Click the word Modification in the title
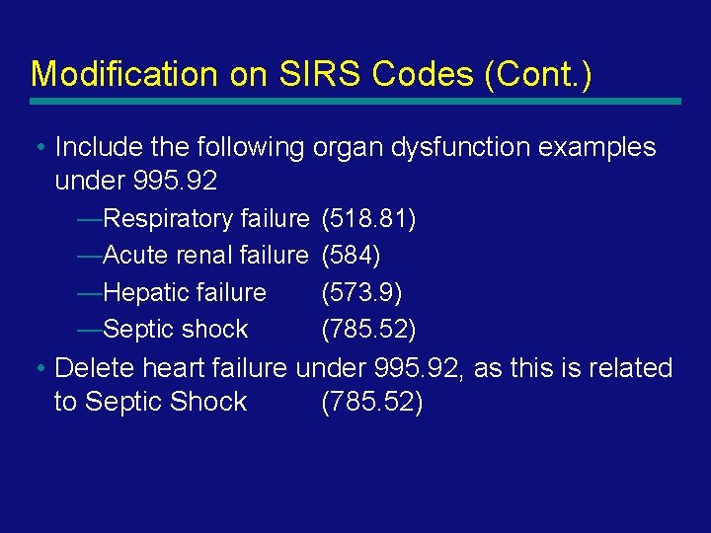(110, 74)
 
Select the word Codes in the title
(371, 74)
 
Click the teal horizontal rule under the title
(355, 101)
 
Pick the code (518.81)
(368, 218)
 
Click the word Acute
(135, 256)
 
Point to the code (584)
(351, 256)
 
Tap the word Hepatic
(144, 292)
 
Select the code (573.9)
(361, 292)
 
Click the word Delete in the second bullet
(95, 368)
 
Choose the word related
(628, 368)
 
